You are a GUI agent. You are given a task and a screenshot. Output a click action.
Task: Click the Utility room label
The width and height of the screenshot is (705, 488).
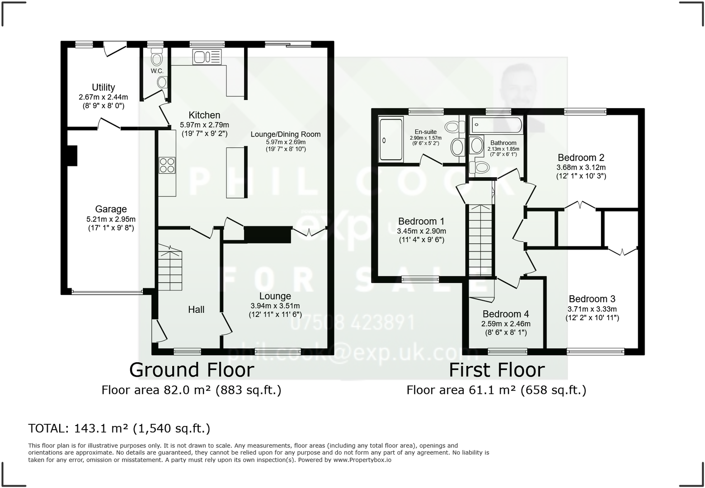click(x=103, y=87)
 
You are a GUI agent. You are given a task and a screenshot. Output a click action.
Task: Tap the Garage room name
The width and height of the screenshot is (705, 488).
click(x=111, y=209)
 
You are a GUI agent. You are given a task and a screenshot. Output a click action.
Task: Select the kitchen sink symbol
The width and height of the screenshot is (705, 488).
click(x=207, y=57)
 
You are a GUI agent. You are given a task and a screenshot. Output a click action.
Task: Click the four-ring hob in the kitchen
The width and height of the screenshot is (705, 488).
click(x=167, y=165)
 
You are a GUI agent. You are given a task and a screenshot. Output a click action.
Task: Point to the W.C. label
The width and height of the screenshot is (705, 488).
click(x=157, y=71)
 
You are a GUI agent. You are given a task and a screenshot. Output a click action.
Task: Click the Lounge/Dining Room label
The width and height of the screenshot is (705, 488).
click(x=285, y=134)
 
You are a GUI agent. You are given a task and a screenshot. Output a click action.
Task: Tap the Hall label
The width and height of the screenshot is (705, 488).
click(x=196, y=309)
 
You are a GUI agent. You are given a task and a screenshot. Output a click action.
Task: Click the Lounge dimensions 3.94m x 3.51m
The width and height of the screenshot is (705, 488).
click(x=275, y=306)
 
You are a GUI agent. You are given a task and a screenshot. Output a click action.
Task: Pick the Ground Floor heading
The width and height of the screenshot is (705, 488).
click(x=192, y=370)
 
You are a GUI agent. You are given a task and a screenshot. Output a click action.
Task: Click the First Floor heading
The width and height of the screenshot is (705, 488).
click(x=496, y=370)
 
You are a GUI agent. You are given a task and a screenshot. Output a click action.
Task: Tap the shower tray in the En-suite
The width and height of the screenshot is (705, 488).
click(x=391, y=139)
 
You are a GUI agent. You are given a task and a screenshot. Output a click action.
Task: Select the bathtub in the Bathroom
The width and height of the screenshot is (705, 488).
click(x=496, y=124)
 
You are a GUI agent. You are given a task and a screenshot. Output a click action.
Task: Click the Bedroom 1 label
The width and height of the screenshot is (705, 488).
click(x=421, y=221)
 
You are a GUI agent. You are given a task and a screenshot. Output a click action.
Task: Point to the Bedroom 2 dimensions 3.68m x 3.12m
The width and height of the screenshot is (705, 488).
click(x=581, y=167)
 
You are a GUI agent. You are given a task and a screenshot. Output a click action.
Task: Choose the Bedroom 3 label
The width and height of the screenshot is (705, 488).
click(x=592, y=299)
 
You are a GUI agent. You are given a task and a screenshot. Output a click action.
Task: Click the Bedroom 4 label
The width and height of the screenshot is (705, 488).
click(x=505, y=314)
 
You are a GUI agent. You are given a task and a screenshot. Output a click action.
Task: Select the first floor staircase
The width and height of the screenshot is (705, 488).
click(x=480, y=240)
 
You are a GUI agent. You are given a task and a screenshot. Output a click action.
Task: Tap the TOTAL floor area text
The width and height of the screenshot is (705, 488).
click(x=119, y=428)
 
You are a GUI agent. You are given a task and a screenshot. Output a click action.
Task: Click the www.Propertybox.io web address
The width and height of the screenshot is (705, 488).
click(x=362, y=460)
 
